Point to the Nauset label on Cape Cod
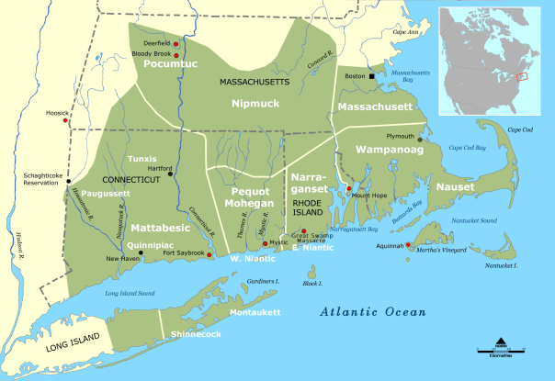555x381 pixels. pyautogui.click(x=456, y=187)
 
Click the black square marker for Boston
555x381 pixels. pyautogui.click(x=372, y=77)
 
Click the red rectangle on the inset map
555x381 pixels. pyautogui.click(x=523, y=76)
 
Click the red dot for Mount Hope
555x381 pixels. pyautogui.click(x=349, y=189)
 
